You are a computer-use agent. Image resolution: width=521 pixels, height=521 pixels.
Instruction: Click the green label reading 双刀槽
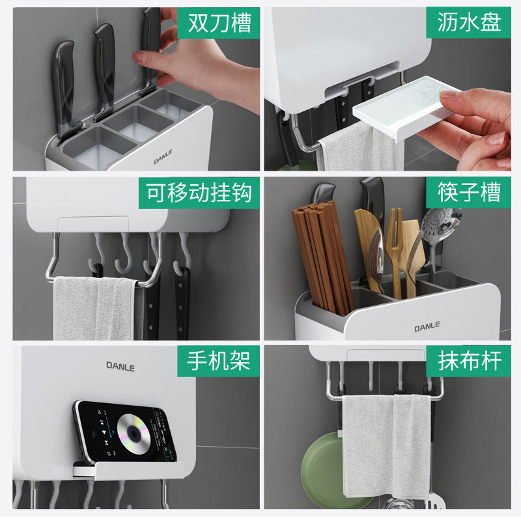point(219,23)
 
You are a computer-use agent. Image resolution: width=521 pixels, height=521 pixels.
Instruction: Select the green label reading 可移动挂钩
point(199,193)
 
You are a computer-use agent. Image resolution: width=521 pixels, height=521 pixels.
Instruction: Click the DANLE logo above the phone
point(120,367)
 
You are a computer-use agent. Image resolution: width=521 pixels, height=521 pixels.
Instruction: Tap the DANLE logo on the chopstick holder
point(427,326)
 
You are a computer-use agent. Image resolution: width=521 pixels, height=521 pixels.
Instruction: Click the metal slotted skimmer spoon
point(439,225)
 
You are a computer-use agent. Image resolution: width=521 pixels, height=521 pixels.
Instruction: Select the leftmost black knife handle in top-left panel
point(64,81)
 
